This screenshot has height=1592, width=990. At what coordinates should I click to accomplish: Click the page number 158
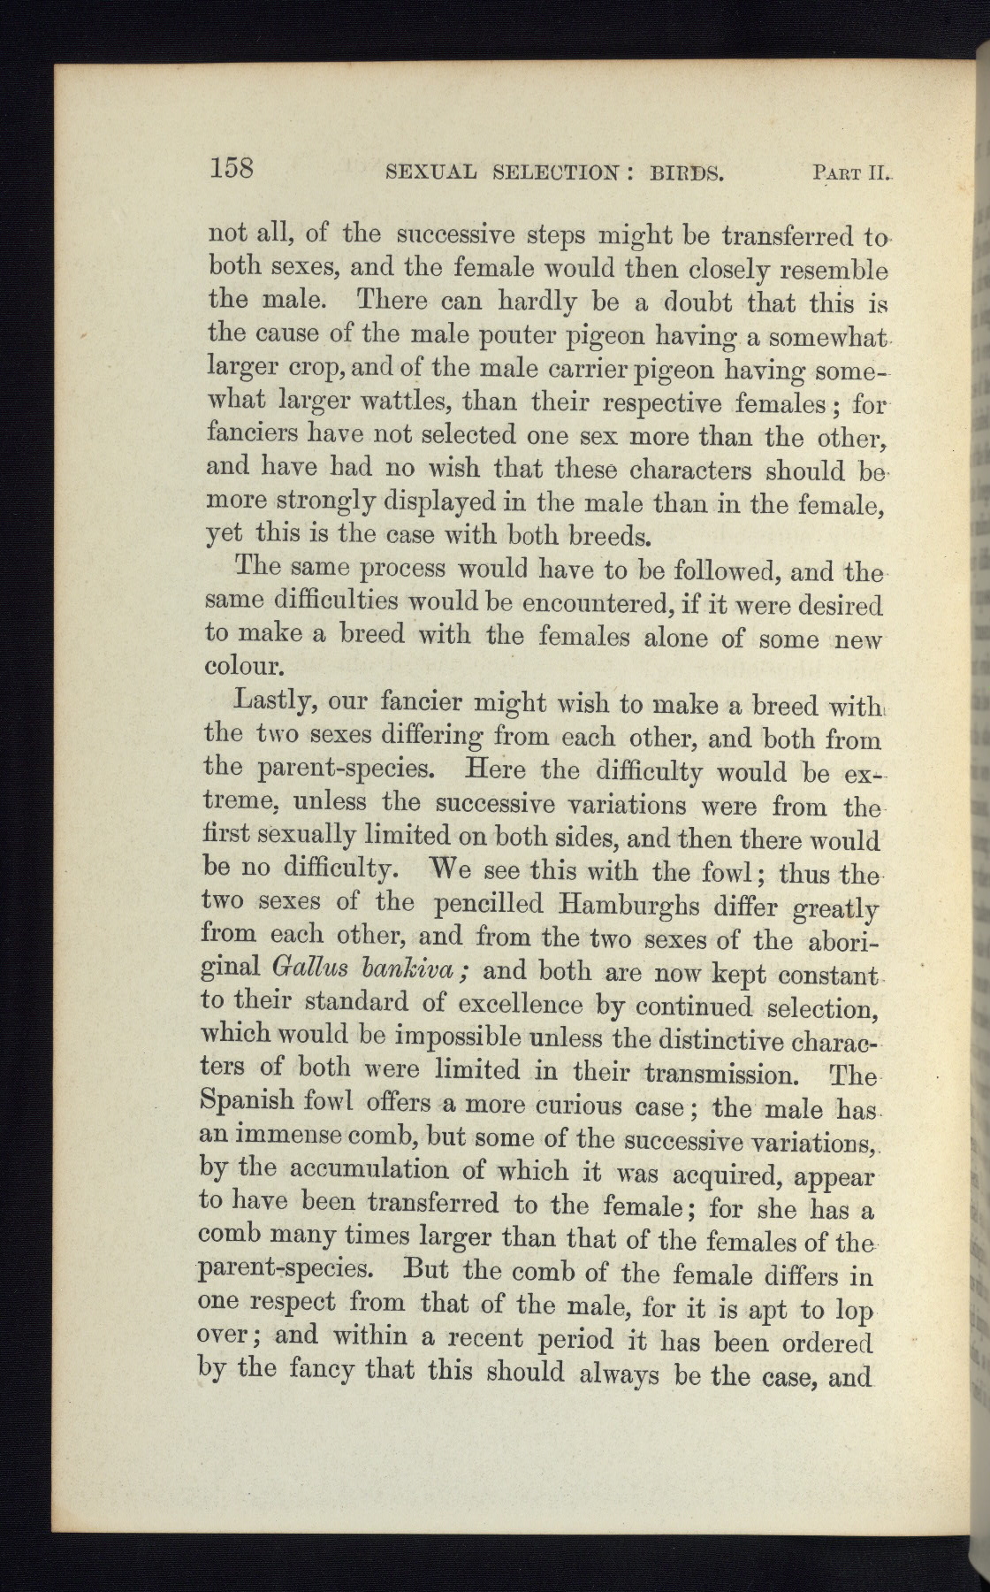pyautogui.click(x=232, y=167)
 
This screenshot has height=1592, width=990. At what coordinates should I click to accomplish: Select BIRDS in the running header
pyautogui.click(x=687, y=172)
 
